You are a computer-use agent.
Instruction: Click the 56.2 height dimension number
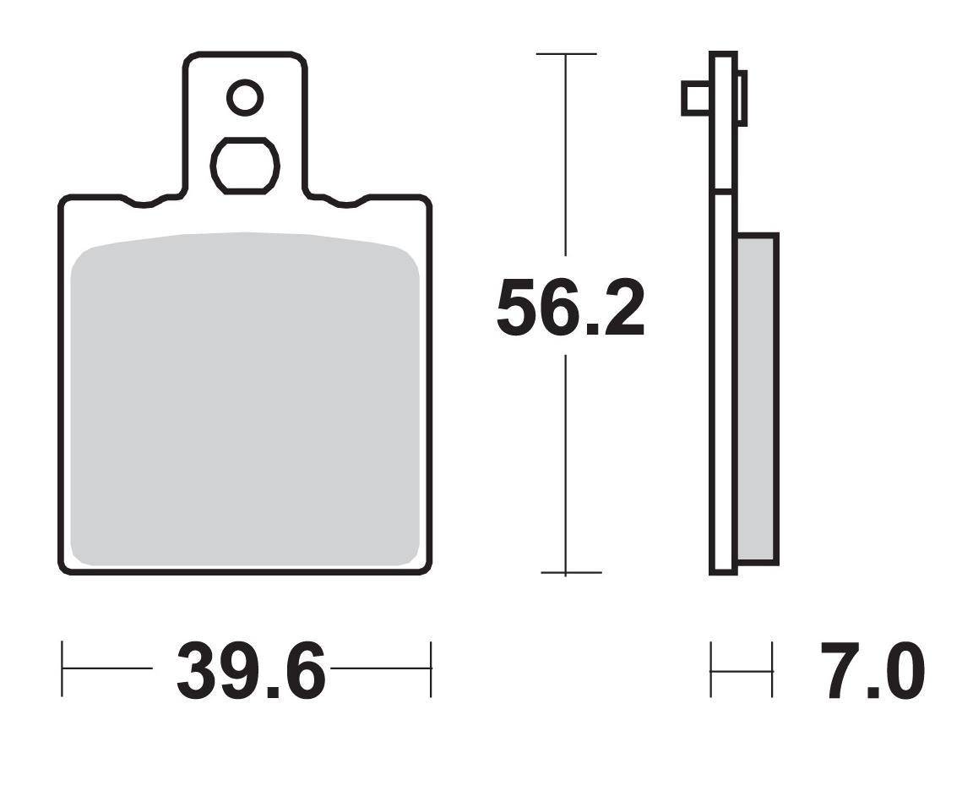point(570,308)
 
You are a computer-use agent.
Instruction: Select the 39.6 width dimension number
point(250,672)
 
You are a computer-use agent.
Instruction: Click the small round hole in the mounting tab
point(245,98)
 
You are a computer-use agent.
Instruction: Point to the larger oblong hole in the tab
point(245,166)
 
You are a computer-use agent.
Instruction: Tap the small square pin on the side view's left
point(695,98)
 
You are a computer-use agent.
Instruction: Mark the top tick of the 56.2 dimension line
point(566,54)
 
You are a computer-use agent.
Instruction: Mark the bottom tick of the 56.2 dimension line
point(566,572)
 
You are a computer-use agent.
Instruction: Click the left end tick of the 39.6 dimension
point(63,669)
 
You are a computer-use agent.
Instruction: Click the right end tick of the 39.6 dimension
point(431,669)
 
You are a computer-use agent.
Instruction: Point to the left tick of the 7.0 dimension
point(711,670)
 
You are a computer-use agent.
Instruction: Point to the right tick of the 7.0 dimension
point(772,670)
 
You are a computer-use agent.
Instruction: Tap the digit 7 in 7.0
point(841,672)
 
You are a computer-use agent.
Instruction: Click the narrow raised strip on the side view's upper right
point(742,98)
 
